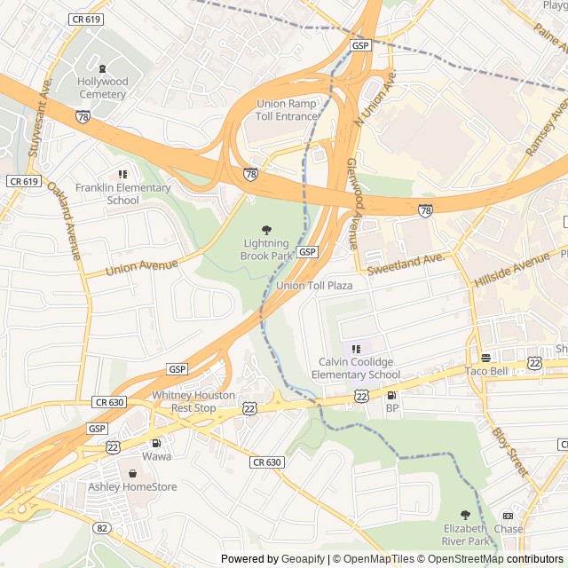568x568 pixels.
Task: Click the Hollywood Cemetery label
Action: coord(102,88)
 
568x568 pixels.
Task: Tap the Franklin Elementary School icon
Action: coord(122,174)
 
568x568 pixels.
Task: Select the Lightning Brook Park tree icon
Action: coord(266,229)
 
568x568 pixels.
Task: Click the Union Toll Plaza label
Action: coord(314,286)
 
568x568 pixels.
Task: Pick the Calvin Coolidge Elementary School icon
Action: coord(356,350)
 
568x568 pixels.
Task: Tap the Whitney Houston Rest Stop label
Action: coord(193,401)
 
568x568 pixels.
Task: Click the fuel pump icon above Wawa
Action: coord(156,443)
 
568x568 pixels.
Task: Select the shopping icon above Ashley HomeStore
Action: coord(133,473)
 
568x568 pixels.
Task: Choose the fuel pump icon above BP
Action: coord(391,395)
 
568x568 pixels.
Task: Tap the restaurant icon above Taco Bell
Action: coord(485,358)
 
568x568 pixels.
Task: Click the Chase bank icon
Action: coord(508,516)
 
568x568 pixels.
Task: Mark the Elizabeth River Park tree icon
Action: coord(465,515)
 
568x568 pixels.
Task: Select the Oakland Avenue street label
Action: coord(66,221)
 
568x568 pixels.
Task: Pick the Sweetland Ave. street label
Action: coord(405,263)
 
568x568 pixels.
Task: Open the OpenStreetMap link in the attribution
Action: coord(461,559)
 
